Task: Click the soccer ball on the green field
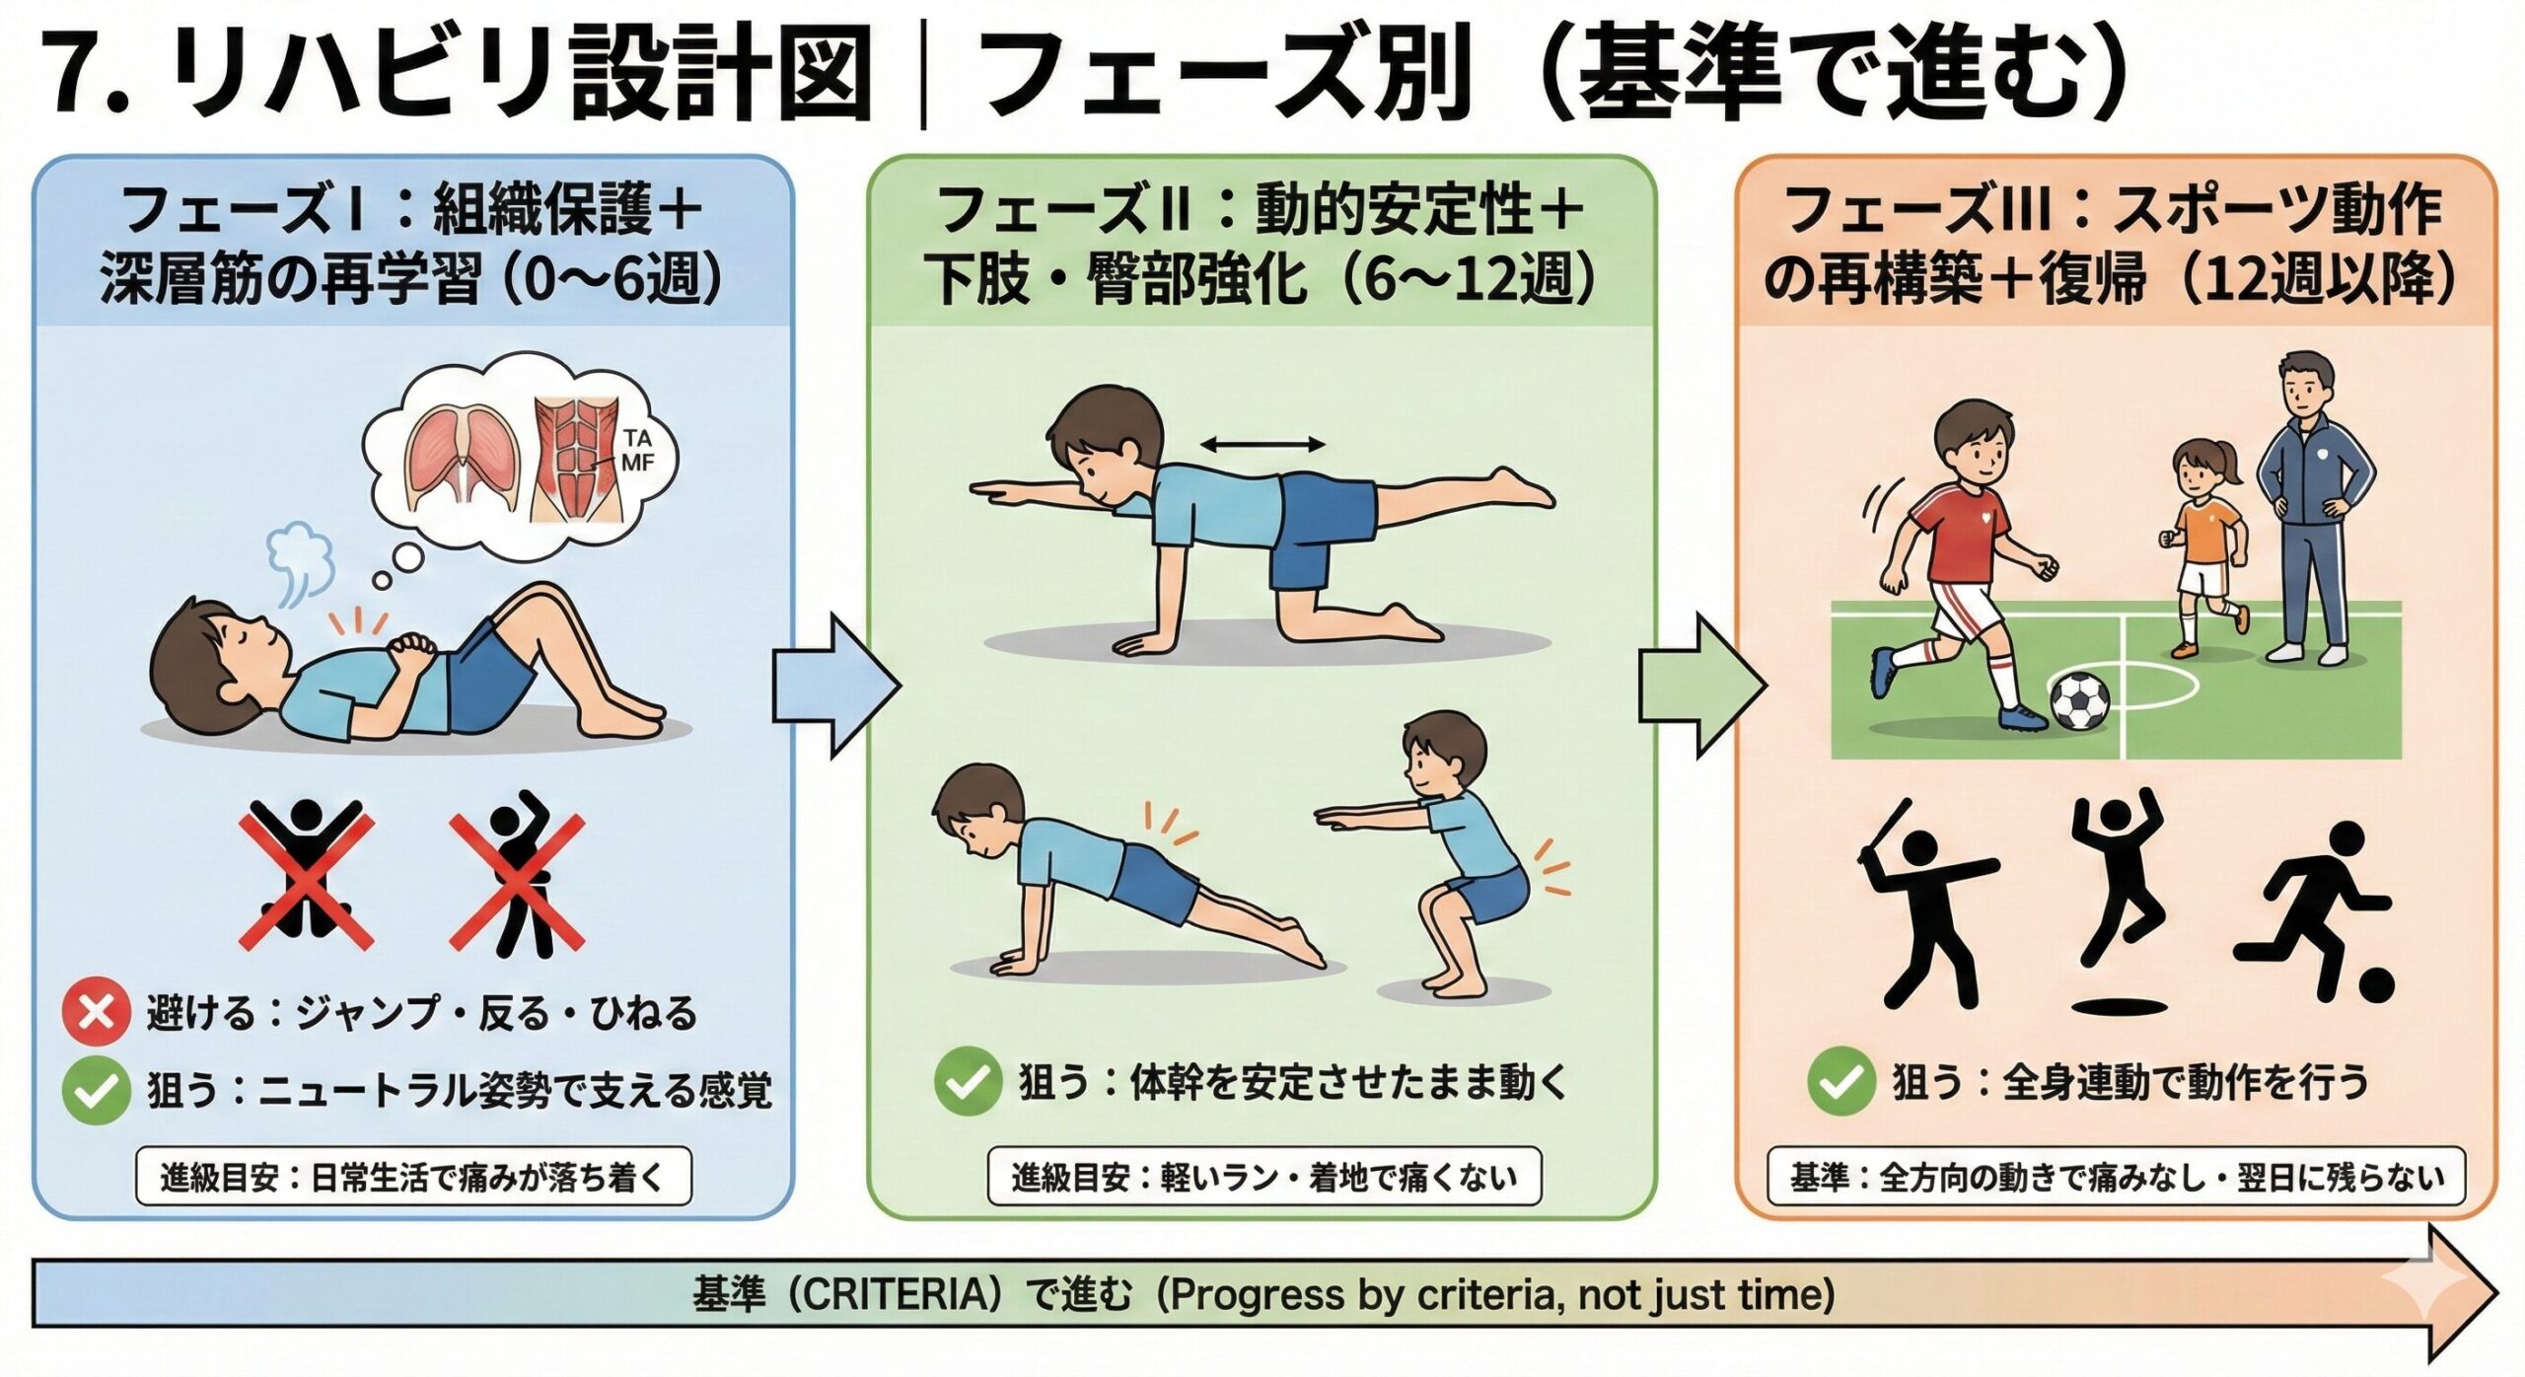[x=2079, y=700]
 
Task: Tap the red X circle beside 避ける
[x=96, y=1012]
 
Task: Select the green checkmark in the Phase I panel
[x=96, y=1090]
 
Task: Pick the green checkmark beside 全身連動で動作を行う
[x=1840, y=1081]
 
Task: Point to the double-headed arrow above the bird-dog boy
[x=1262, y=446]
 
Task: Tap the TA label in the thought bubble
[x=637, y=440]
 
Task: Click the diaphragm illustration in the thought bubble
[x=464, y=459]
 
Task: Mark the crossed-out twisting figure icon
[x=518, y=873]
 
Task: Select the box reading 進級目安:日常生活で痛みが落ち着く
[x=413, y=1176]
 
